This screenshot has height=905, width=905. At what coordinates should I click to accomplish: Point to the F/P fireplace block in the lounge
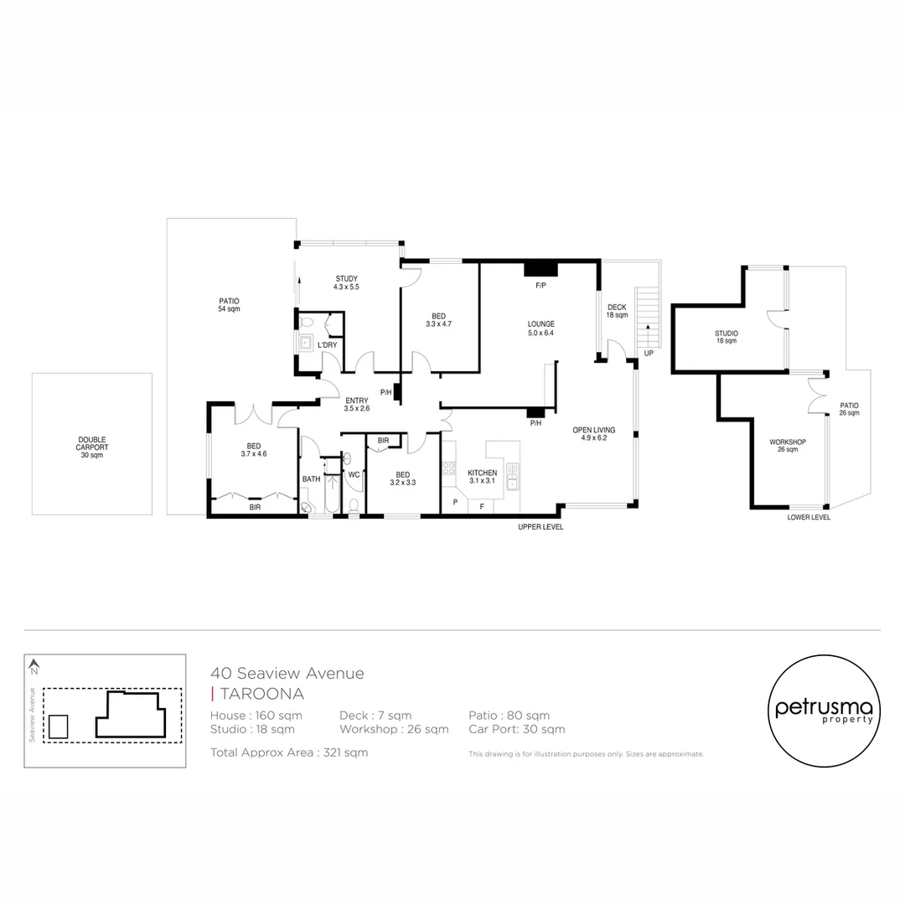pos(540,269)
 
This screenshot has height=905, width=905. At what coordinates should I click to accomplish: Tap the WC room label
pos(354,475)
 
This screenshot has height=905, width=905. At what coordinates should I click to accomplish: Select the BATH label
pos(311,479)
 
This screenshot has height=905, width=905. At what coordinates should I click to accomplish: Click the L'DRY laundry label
pos(327,345)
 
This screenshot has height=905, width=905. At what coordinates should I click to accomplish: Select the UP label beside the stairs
pos(649,354)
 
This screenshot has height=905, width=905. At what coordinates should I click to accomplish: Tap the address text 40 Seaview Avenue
pos(287,673)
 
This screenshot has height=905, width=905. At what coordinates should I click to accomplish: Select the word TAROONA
pos(261,694)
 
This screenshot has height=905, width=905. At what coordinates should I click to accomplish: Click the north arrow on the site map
pos(34,667)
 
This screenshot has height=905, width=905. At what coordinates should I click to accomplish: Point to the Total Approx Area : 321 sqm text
pos(289,752)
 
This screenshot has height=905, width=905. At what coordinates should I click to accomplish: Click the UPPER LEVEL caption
pos(540,527)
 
